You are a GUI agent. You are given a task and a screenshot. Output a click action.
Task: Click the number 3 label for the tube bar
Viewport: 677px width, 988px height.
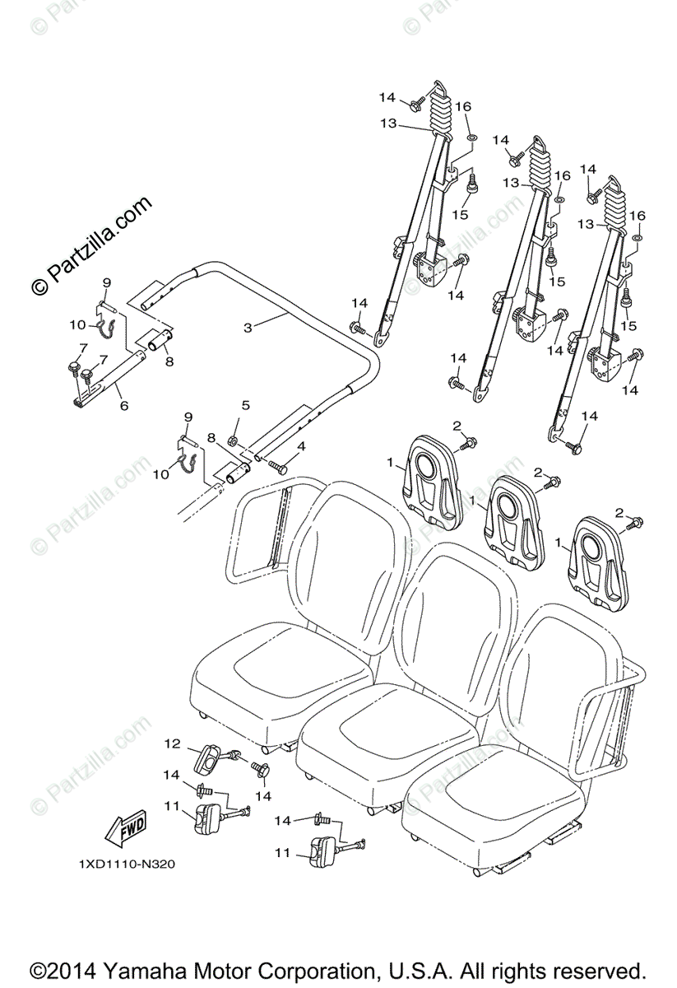(x=248, y=326)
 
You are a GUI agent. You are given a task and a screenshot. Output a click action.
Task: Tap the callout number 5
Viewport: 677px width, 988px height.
(x=245, y=405)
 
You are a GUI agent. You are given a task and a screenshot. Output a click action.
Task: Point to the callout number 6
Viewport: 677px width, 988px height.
(x=123, y=406)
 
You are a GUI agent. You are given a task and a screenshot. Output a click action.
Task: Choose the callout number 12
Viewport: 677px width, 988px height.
(x=171, y=743)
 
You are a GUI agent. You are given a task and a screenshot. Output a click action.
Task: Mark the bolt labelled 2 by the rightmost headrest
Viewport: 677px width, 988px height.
(x=633, y=524)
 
